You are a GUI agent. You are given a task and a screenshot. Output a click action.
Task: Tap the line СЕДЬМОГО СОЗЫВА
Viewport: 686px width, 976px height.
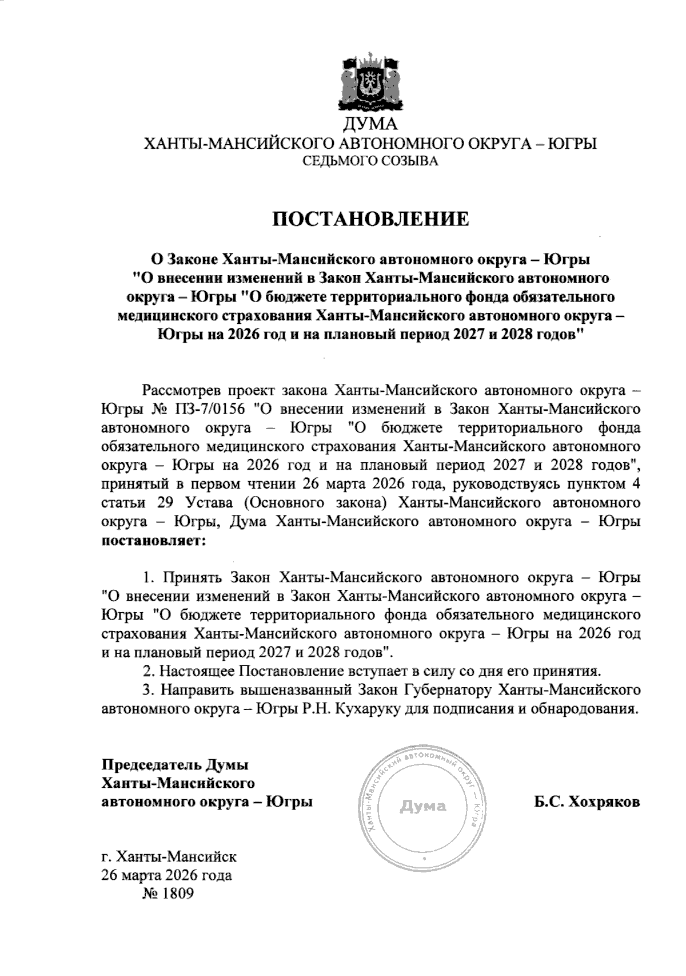pos(370,161)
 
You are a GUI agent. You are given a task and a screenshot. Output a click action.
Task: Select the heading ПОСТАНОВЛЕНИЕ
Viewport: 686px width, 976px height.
pos(370,219)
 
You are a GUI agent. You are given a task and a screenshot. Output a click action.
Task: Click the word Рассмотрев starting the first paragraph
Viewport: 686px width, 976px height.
pos(180,391)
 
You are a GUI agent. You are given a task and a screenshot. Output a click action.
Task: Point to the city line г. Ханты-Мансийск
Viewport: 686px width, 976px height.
pos(169,857)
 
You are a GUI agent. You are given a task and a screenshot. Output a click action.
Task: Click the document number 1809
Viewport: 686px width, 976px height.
pos(178,894)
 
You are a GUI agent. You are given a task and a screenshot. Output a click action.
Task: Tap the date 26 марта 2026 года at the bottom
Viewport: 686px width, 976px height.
pos(166,875)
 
